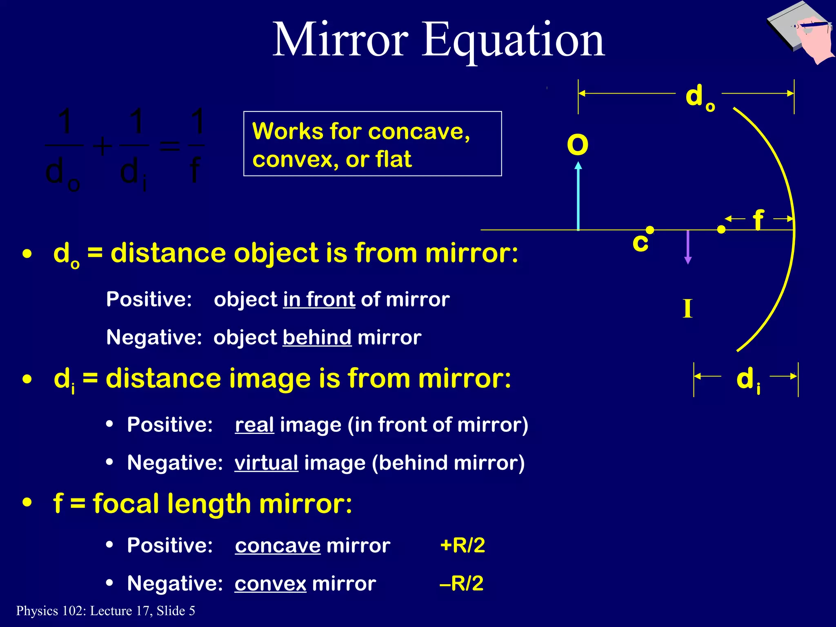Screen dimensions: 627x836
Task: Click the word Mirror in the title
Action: pyautogui.click(x=340, y=40)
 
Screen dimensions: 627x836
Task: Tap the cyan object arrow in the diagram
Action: pyautogui.click(x=578, y=196)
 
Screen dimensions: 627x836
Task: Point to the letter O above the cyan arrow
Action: pyautogui.click(x=578, y=145)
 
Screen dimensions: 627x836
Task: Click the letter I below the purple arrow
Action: pyautogui.click(x=687, y=309)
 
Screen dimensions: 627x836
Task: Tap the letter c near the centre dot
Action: pyautogui.click(x=640, y=242)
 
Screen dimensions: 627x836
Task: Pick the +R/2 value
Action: pyautogui.click(x=462, y=545)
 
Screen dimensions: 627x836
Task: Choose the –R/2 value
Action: pyautogui.click(x=462, y=583)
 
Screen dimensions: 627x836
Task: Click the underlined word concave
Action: pyautogui.click(x=278, y=546)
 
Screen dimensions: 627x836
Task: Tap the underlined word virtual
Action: pyautogui.click(x=266, y=463)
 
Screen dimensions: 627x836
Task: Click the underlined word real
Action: pyautogui.click(x=254, y=425)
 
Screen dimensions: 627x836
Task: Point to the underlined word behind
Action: pyautogui.click(x=317, y=338)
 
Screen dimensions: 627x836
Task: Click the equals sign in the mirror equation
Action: pyautogui.click(x=169, y=146)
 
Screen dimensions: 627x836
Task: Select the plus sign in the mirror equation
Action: pyautogui.click(x=102, y=146)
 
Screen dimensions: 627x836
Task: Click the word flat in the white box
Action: pyautogui.click(x=394, y=159)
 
